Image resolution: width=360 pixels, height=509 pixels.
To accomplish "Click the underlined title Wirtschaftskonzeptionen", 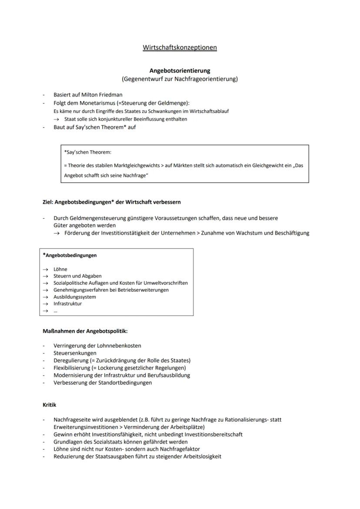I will tap(180, 47).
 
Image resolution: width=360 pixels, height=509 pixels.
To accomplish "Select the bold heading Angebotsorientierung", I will tap(180, 70).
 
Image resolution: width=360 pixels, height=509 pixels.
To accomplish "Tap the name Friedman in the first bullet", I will tap(110, 95).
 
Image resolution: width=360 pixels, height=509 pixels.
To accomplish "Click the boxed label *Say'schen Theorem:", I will tap(87, 153).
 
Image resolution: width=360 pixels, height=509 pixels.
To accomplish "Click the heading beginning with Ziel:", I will tap(111, 202).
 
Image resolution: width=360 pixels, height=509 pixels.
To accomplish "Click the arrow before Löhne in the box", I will tap(45, 269).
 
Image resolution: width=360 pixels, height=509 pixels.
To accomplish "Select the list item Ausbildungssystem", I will tap(75, 297).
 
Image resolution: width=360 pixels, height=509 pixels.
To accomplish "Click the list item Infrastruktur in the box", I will tap(67, 304).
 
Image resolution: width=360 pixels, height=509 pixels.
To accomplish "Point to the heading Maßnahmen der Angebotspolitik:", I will tap(85, 331).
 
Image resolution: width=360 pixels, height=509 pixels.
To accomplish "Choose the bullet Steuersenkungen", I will tap(75, 353).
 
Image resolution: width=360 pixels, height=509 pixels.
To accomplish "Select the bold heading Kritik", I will tap(49, 405).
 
